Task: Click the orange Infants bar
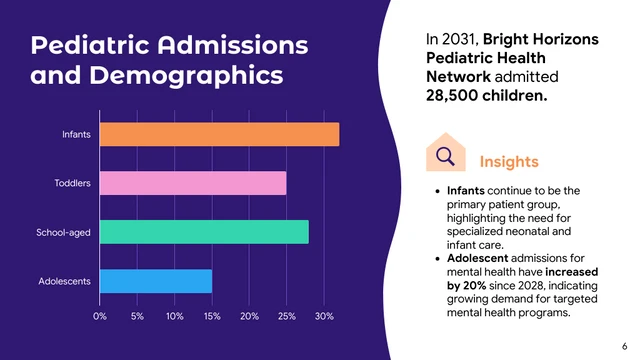click(220, 134)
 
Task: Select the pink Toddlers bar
click(193, 183)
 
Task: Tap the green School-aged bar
click(204, 232)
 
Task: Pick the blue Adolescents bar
click(156, 281)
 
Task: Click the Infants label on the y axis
click(77, 134)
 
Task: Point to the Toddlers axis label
click(73, 183)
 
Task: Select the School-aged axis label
click(64, 233)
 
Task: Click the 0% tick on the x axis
click(100, 316)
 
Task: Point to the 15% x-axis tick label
click(212, 316)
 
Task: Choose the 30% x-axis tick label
click(324, 316)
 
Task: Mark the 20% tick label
click(250, 316)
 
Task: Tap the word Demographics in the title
click(187, 76)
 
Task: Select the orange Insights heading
click(509, 161)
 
